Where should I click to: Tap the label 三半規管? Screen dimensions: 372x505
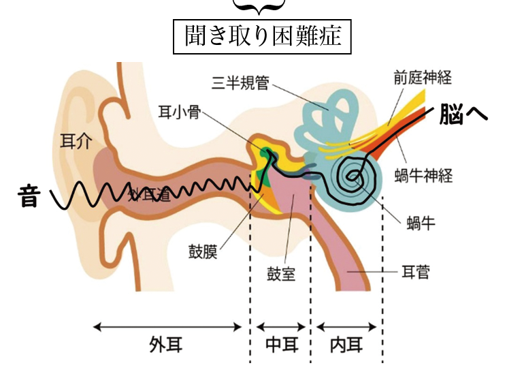240,83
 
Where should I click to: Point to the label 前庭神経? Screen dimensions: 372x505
423,76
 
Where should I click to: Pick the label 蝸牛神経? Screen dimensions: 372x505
423,176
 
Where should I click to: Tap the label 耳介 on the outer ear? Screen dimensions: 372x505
75,140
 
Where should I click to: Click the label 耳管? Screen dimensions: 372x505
414,273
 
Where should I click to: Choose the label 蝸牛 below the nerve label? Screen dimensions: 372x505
419,223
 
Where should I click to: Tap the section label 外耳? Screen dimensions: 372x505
165,345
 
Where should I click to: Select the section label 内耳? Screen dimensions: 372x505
345,345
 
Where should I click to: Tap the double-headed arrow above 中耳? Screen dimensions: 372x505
280,327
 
